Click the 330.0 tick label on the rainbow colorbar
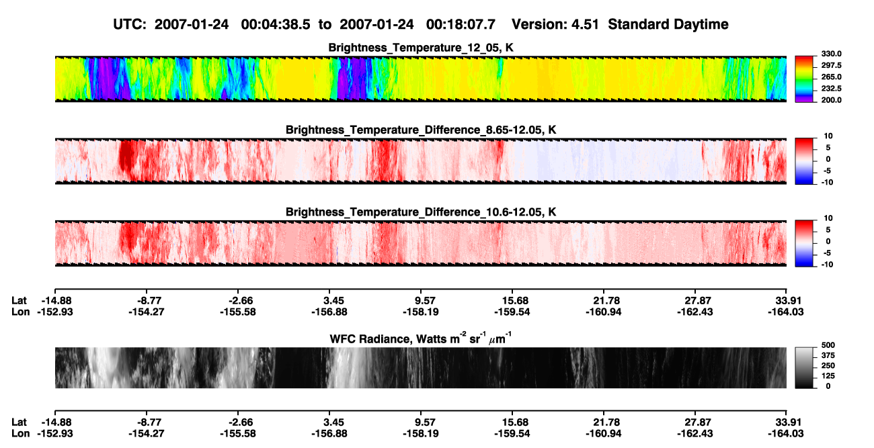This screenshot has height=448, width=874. pos(831,54)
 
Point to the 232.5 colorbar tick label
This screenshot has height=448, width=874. pos(831,89)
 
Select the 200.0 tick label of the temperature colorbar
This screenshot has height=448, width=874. pos(831,100)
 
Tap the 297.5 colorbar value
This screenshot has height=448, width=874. pos(831,66)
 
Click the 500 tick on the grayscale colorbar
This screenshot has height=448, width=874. pos(828,345)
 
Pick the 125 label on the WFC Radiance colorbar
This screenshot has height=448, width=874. pos(828,376)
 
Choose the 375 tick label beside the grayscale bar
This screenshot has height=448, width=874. pos(828,355)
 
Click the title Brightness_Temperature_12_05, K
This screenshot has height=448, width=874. pos(421,48)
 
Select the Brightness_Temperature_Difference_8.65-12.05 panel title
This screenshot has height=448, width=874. pos(421,130)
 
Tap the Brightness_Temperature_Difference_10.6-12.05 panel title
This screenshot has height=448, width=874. pos(421,212)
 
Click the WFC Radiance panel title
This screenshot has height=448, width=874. pos(421,339)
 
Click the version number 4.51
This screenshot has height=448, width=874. pos(584,24)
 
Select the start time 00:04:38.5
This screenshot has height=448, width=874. pos(276,24)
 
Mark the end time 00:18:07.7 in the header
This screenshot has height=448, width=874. pos(461,24)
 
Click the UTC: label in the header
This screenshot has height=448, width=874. pos(130,24)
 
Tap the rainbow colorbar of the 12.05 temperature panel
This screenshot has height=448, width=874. pos(804,79)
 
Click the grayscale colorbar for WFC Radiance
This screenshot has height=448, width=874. pos(804,367)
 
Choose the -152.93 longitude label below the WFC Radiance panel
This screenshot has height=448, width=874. pos(55,434)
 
